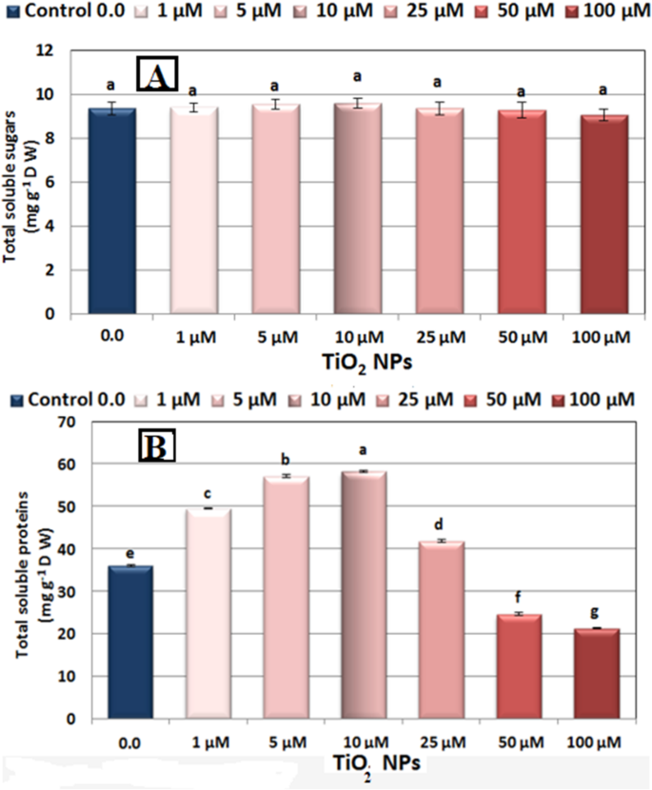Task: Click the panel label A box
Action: click(158, 73)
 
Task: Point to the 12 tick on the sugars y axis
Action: click(68, 50)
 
